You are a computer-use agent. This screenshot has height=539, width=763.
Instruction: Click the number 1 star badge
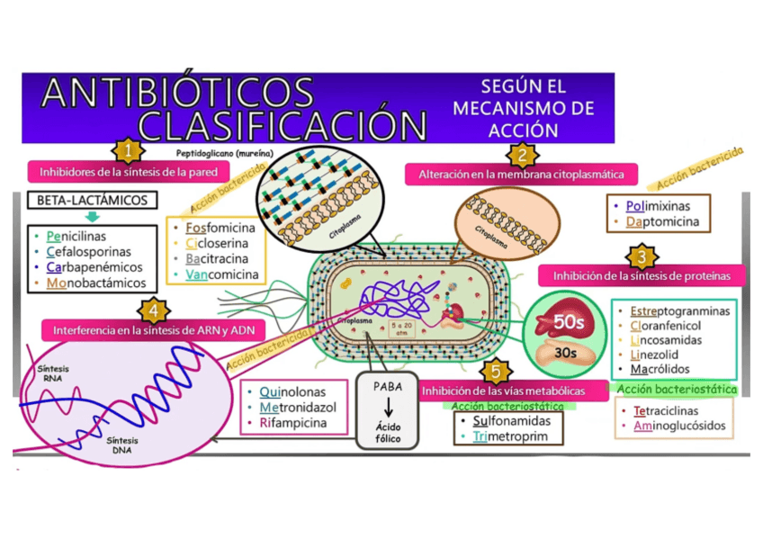pos(128,149)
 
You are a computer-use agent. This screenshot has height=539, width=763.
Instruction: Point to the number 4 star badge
pos(155,310)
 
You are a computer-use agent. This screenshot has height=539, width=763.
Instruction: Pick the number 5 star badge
pos(492,372)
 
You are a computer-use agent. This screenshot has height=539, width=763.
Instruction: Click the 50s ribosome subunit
pos(565,322)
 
